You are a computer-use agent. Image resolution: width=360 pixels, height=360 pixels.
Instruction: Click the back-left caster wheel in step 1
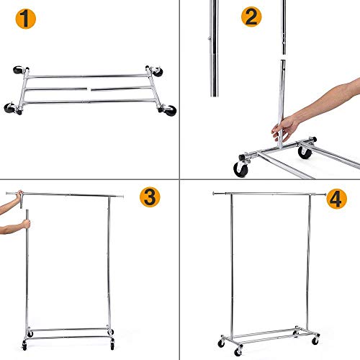(x=17, y=71)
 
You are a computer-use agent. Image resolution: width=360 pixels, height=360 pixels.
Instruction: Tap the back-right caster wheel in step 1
(x=156, y=70)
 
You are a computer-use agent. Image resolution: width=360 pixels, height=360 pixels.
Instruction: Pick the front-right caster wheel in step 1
(x=171, y=110)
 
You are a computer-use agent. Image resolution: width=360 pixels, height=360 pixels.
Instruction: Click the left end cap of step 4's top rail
(x=215, y=192)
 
